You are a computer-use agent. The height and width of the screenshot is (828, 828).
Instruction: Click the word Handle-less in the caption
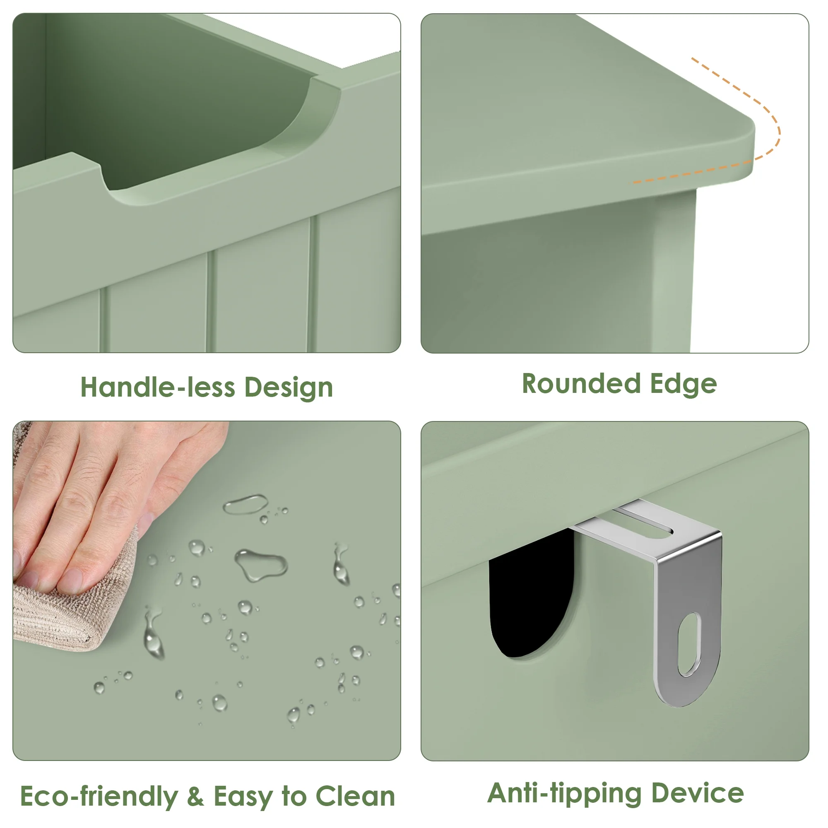(x=158, y=387)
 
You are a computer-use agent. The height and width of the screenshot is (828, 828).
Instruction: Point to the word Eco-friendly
(x=99, y=796)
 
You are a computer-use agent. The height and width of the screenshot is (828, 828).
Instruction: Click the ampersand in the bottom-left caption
(x=196, y=796)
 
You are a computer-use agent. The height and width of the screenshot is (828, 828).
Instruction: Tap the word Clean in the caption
(x=355, y=796)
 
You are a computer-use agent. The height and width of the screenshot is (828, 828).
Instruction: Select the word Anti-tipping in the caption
(x=564, y=794)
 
